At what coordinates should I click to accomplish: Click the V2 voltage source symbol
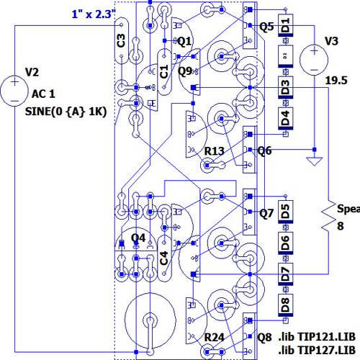pos(14,89)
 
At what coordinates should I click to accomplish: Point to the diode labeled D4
pos(286,117)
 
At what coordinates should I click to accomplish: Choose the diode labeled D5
pos(286,212)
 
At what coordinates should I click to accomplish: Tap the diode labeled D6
pos(286,243)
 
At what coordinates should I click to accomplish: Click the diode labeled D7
pos(286,274)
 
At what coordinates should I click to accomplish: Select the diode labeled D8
pos(286,304)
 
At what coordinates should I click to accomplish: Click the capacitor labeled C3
pos(122,40)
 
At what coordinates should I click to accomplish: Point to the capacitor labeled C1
pos(163,72)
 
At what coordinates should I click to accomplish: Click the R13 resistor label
pos(215,150)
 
